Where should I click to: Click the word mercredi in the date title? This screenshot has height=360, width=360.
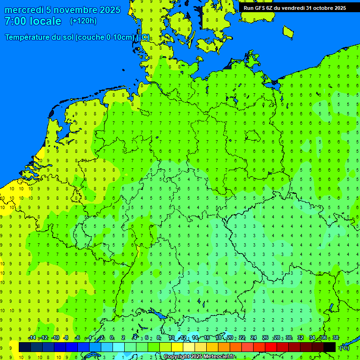(x=24, y=10)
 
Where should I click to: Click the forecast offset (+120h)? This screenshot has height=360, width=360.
(x=83, y=21)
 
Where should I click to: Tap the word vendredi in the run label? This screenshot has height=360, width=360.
(x=292, y=7)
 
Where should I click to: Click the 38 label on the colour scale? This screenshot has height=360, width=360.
(x=336, y=337)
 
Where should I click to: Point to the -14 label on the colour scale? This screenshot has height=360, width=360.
(x=32, y=337)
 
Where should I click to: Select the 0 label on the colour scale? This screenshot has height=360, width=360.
(x=112, y=337)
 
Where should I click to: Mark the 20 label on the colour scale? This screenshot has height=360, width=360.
(x=230, y=337)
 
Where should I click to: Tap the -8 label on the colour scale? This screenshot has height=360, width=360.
(x=66, y=337)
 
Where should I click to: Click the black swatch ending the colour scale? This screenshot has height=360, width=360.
(x=330, y=347)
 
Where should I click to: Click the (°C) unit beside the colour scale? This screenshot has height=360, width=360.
(x=345, y=347)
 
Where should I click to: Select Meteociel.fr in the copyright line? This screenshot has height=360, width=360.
(x=219, y=357)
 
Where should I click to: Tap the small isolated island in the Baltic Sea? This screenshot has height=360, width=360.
(x=288, y=32)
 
